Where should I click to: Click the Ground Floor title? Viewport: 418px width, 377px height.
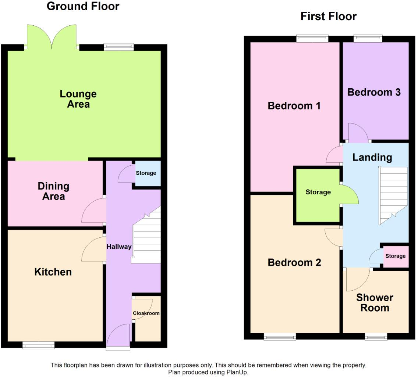(x=83, y=6)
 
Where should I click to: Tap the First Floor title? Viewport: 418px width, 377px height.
(x=328, y=17)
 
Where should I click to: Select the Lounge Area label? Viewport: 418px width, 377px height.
(x=78, y=99)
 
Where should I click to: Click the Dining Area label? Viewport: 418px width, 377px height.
(x=53, y=191)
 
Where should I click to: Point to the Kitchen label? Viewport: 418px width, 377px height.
(x=53, y=272)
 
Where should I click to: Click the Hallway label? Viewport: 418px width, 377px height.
(x=119, y=247)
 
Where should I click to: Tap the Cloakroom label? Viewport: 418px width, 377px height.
(x=146, y=313)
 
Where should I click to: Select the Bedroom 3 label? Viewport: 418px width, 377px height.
(x=374, y=92)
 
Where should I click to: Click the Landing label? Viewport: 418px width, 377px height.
(x=372, y=158)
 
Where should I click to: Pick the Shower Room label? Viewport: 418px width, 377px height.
(x=375, y=302)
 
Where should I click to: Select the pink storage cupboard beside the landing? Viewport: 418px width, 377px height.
(x=396, y=256)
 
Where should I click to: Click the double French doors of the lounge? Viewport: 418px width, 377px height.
(x=52, y=37)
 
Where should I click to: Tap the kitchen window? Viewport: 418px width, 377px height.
(x=38, y=345)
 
